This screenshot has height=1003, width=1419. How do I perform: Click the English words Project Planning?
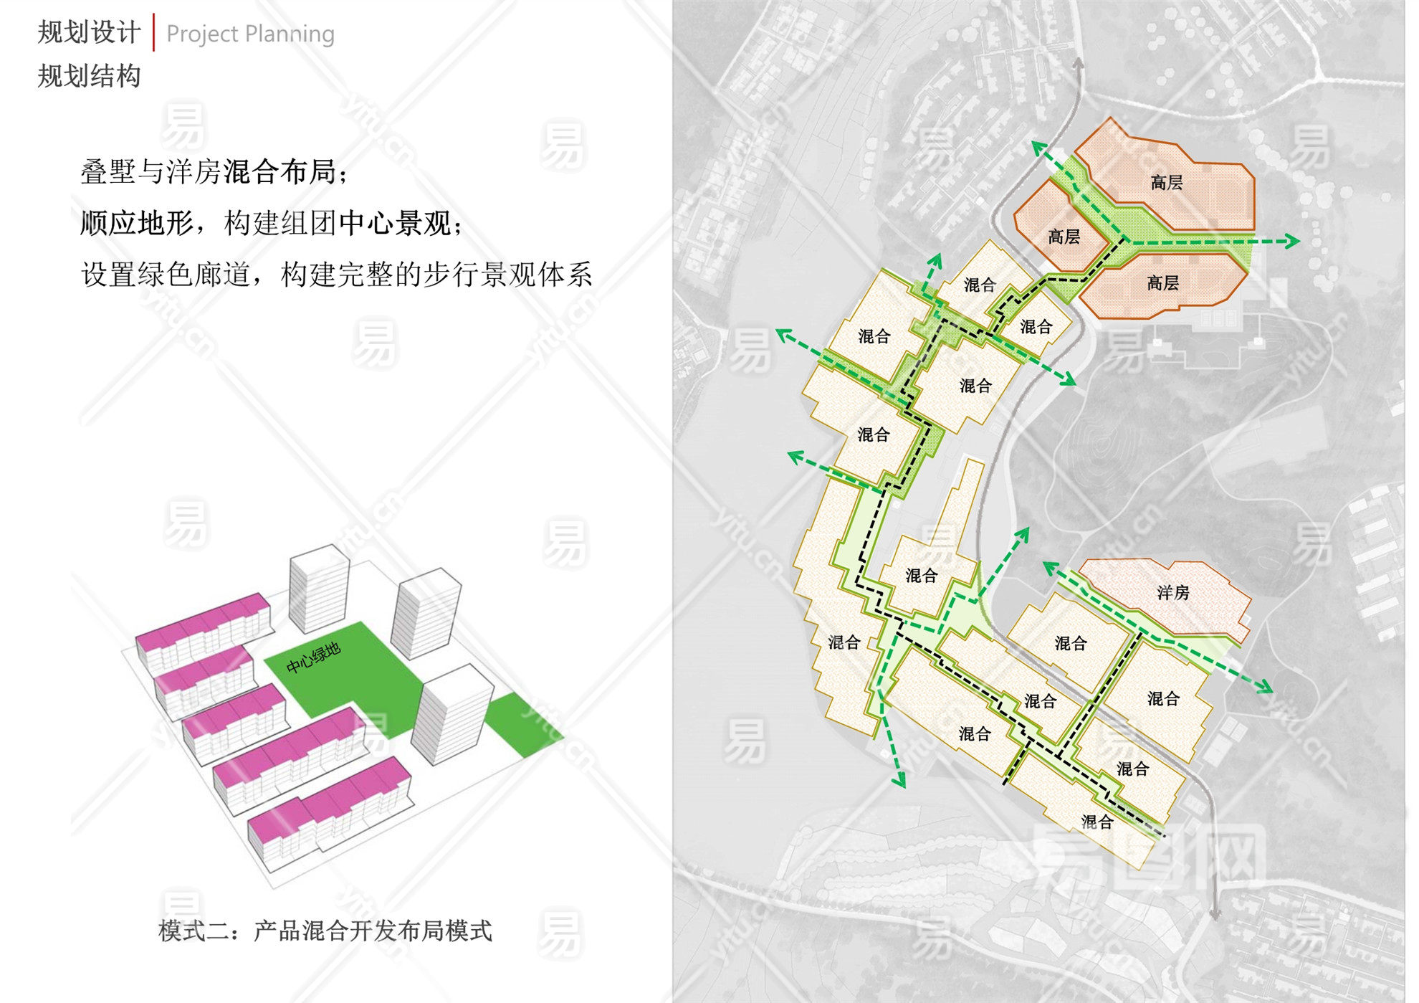click(250, 34)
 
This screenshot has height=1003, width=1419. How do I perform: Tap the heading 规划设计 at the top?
click(89, 32)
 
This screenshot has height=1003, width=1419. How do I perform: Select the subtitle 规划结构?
click(89, 76)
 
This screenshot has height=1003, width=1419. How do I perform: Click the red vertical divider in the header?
click(153, 32)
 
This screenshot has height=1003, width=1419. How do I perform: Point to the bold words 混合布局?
click(279, 172)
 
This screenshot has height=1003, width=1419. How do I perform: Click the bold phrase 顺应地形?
click(137, 223)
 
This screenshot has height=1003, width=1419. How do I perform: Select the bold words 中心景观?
click(395, 223)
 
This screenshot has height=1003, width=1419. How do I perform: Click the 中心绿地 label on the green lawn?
click(313, 657)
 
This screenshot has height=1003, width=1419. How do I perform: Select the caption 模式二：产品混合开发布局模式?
click(325, 931)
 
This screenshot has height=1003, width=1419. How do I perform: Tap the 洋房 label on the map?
click(1172, 592)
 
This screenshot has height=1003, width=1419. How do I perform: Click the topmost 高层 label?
click(1166, 183)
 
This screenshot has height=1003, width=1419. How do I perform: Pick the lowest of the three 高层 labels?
click(1162, 283)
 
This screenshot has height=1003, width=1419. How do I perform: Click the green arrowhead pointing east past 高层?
click(1293, 241)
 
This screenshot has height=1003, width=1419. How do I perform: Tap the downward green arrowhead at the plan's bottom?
click(899, 780)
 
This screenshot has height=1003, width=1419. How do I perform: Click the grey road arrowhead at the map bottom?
click(1215, 913)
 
